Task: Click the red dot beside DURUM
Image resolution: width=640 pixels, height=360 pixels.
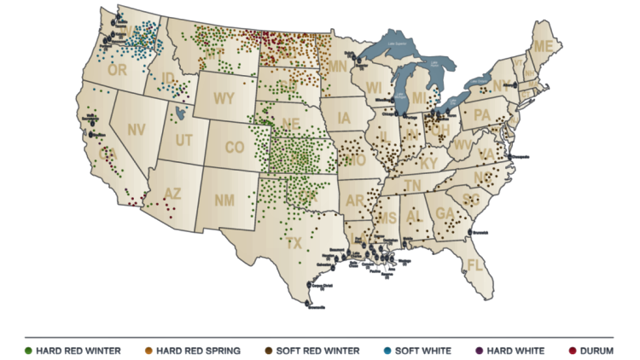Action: click(572, 350)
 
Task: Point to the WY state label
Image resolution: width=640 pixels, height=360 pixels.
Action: click(224, 98)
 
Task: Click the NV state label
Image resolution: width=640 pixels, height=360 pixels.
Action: click(136, 130)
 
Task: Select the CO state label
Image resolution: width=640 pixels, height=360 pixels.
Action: click(235, 148)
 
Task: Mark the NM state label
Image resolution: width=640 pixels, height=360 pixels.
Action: click(224, 200)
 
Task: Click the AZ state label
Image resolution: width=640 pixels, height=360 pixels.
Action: click(172, 194)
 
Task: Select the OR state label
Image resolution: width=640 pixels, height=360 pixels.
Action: click(117, 70)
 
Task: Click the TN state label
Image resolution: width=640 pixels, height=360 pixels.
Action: click(413, 185)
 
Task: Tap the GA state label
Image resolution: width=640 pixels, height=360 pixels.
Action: click(444, 212)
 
